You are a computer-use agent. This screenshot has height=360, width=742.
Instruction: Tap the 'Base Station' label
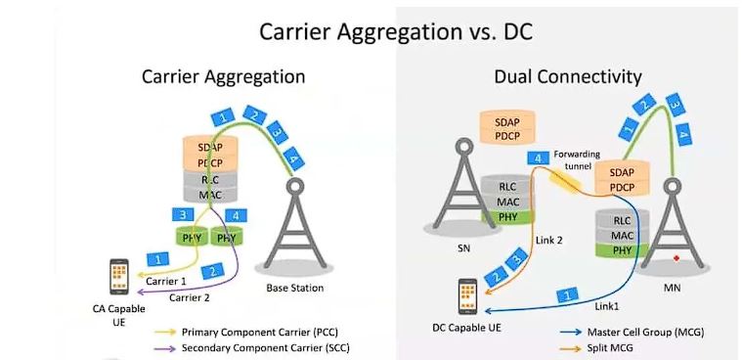point(294,288)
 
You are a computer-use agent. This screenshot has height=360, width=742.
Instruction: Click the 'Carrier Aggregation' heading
point(224,75)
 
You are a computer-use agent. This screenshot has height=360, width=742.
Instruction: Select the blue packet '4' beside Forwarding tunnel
point(536,158)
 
